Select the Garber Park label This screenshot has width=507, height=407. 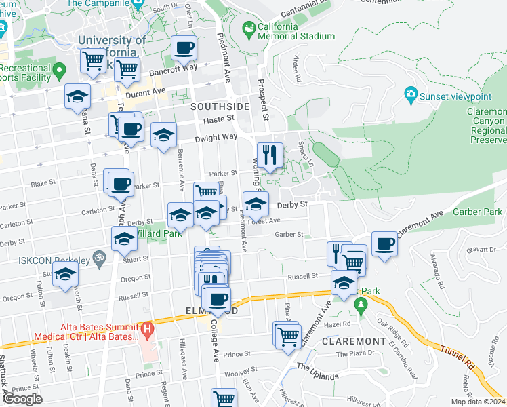pos(478,212)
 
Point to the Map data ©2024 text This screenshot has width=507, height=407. pos(477,402)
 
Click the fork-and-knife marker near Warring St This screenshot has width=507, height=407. pos(270,155)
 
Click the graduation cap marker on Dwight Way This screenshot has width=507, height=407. pos(163,135)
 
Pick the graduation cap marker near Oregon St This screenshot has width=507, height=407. pos(65,275)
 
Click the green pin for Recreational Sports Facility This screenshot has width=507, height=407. pos(60,69)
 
